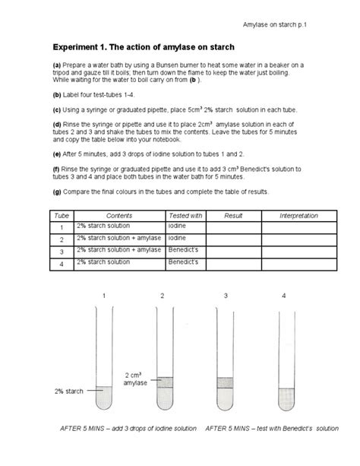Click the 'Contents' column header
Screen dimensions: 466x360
(118, 216)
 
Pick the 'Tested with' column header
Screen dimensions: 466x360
(185, 216)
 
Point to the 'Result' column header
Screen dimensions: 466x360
(232, 216)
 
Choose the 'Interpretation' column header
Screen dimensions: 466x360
(298, 216)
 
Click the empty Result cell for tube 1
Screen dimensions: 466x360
(232, 227)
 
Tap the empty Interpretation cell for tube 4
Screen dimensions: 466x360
(298, 262)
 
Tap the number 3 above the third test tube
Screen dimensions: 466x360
(225, 295)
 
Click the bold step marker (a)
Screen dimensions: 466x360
(57, 65)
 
